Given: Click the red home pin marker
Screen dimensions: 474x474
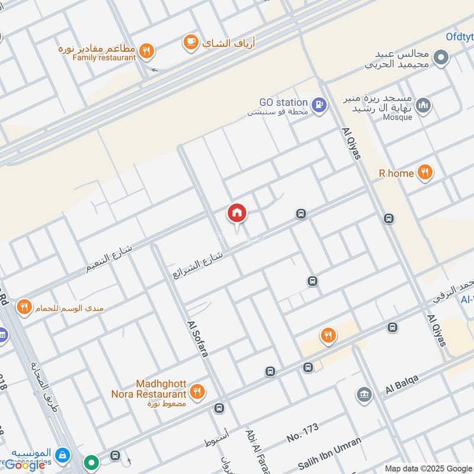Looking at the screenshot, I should click(237, 213).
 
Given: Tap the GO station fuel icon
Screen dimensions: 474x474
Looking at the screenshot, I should click(319, 105).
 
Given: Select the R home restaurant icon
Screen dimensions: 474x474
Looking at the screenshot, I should click(424, 173).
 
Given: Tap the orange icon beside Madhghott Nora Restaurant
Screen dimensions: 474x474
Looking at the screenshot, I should click(198, 391).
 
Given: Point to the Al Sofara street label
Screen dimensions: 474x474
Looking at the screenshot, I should click(198, 339).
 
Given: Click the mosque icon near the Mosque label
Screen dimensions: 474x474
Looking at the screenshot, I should click(422, 106).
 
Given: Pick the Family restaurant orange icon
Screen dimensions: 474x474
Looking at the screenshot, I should click(148, 51).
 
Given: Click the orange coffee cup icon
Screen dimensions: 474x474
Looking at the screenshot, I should click(190, 41).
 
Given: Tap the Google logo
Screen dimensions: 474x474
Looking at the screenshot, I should click(25, 465).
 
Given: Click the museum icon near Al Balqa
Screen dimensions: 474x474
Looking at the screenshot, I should click(363, 394).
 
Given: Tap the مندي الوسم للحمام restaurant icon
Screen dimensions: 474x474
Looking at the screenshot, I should click(24, 307).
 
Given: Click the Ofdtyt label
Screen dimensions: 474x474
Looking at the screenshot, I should click(459, 37).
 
